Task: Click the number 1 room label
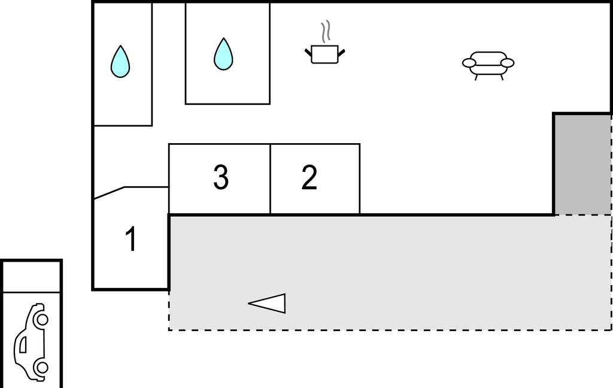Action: (131, 239)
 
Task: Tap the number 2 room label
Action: (309, 177)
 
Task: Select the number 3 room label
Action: (221, 177)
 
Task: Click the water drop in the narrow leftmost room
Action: (120, 62)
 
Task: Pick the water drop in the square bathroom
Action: (223, 54)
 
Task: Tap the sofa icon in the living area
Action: (488, 65)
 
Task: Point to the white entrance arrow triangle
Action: (267, 303)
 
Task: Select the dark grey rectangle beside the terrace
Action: (582, 164)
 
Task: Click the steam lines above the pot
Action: (326, 32)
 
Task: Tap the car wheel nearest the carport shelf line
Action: (41, 320)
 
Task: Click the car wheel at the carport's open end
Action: (41, 368)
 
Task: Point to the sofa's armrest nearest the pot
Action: (469, 63)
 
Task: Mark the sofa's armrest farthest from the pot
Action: (508, 63)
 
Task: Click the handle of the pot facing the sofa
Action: (341, 53)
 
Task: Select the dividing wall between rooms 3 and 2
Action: (270, 179)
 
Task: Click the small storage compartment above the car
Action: (32, 277)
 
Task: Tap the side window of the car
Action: (23, 344)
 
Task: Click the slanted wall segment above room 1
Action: (110, 193)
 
